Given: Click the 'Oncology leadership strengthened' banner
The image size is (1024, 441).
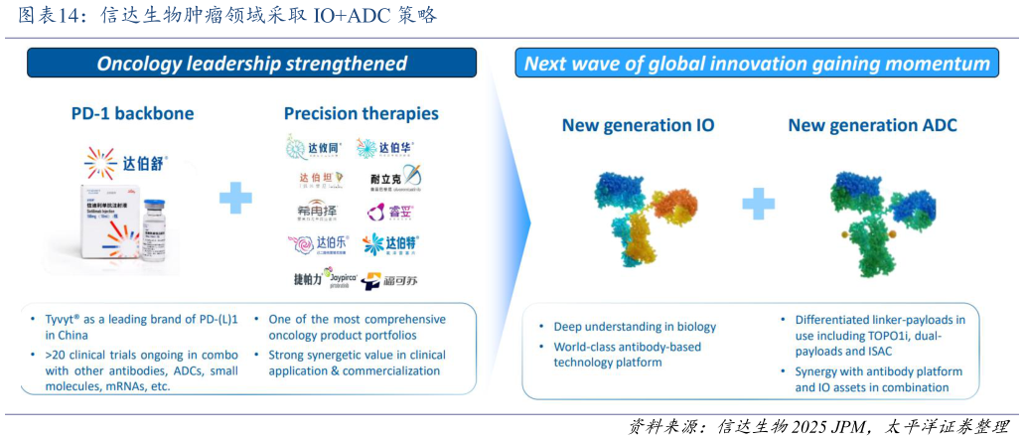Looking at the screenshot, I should [251, 64].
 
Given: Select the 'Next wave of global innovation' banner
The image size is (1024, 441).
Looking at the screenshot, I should [757, 64].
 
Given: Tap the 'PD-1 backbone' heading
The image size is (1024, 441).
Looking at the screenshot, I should [132, 113].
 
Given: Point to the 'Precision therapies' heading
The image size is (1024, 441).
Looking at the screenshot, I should [361, 113].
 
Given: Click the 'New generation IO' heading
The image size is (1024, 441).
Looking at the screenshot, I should [638, 125].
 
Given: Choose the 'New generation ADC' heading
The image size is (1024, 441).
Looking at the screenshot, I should [872, 125].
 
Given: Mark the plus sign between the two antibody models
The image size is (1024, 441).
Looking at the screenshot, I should [757, 205].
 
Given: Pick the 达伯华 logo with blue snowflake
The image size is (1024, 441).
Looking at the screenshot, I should [388, 149].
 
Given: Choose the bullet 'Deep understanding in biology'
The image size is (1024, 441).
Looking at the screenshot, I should [634, 327].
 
